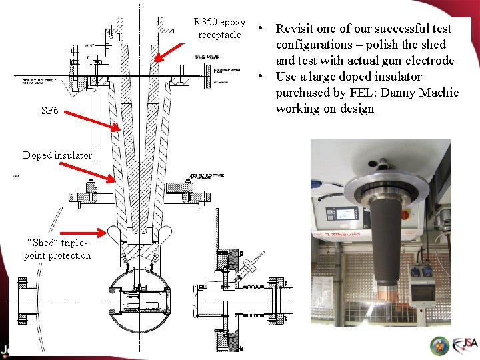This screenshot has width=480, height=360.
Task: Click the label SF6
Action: click(49, 111)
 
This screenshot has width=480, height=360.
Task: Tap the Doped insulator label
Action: click(57, 155)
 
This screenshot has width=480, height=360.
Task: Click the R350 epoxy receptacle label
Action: click(219, 29)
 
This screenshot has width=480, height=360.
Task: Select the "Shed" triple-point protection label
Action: click(57, 249)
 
